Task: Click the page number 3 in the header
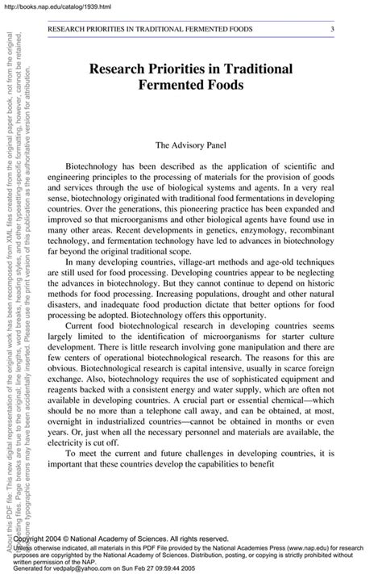click(x=332, y=30)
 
